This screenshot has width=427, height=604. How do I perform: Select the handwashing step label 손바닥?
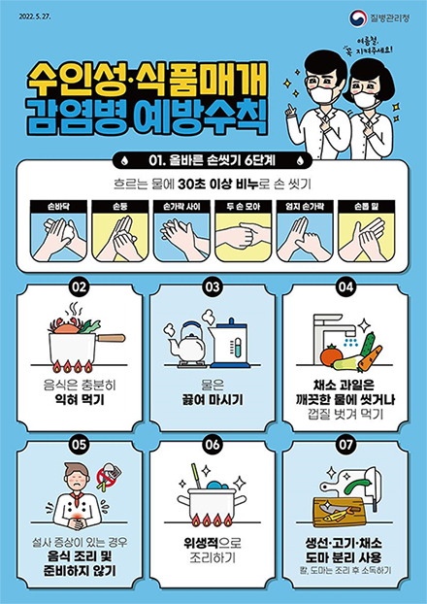coord(59,207)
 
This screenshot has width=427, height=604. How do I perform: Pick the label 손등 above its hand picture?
coord(119,207)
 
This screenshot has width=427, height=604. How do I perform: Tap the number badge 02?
coord(81,287)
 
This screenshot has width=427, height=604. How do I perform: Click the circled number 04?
coord(345,287)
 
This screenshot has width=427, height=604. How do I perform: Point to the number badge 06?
coord(213,445)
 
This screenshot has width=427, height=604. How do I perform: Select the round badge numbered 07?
coord(345,445)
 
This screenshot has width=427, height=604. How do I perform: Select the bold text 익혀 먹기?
coord(81,399)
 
